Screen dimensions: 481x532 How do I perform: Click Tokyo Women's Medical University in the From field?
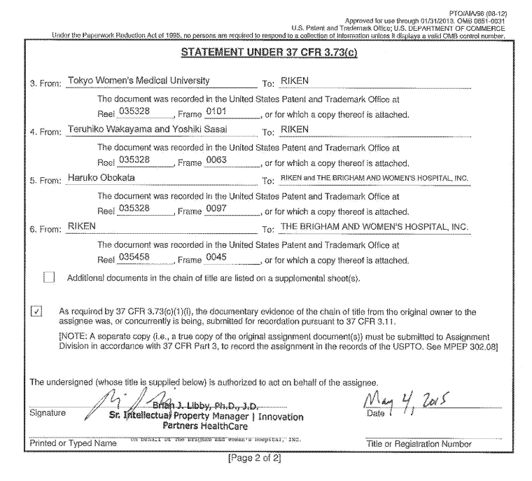(x=138, y=81)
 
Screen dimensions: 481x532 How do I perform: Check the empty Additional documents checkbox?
(x=49, y=277)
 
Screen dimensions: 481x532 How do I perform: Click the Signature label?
(x=50, y=413)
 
